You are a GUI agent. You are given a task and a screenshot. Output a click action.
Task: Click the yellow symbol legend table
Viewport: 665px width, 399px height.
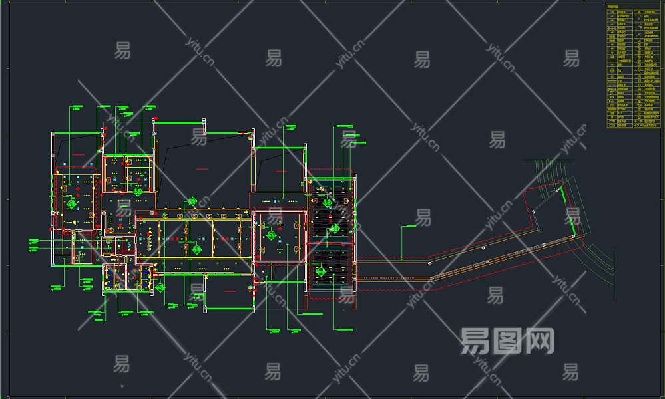tap(634, 66)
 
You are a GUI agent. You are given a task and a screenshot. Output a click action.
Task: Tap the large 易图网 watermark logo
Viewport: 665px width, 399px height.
tap(507, 341)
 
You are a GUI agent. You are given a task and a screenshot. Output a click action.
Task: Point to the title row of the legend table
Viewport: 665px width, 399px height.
tap(634, 7)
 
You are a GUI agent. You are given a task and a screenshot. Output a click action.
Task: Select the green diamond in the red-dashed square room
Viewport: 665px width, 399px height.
tap(271, 235)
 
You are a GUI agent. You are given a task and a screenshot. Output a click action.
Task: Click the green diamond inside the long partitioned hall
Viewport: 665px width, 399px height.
tap(197, 249)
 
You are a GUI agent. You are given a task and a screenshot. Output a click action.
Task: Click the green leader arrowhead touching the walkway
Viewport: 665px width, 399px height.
tap(402, 259)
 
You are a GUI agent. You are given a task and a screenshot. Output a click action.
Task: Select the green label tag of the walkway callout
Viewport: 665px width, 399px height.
tap(409, 227)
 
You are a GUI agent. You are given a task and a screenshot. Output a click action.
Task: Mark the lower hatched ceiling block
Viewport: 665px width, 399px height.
tap(330, 266)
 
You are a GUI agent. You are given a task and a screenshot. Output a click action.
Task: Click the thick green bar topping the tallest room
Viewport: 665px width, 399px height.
tap(178, 122)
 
